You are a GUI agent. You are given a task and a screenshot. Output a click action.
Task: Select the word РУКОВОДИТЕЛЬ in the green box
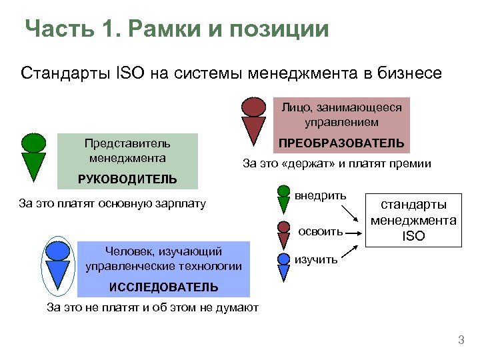pyautogui.click(x=127, y=179)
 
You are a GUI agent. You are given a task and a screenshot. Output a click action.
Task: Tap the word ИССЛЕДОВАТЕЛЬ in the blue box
pyautogui.click(x=164, y=287)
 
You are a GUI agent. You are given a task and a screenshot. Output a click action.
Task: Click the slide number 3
pyautogui.click(x=460, y=341)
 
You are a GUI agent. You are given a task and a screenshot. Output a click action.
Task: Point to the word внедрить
pyautogui.click(x=321, y=195)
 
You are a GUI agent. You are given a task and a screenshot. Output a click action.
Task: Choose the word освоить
pyautogui.click(x=321, y=231)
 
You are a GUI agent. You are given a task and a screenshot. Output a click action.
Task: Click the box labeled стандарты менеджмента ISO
pyautogui.click(x=413, y=219)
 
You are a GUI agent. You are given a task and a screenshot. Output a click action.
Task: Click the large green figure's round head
pyautogui.click(x=33, y=142)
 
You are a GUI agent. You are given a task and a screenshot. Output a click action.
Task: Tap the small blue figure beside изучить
pyautogui.click(x=283, y=259)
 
